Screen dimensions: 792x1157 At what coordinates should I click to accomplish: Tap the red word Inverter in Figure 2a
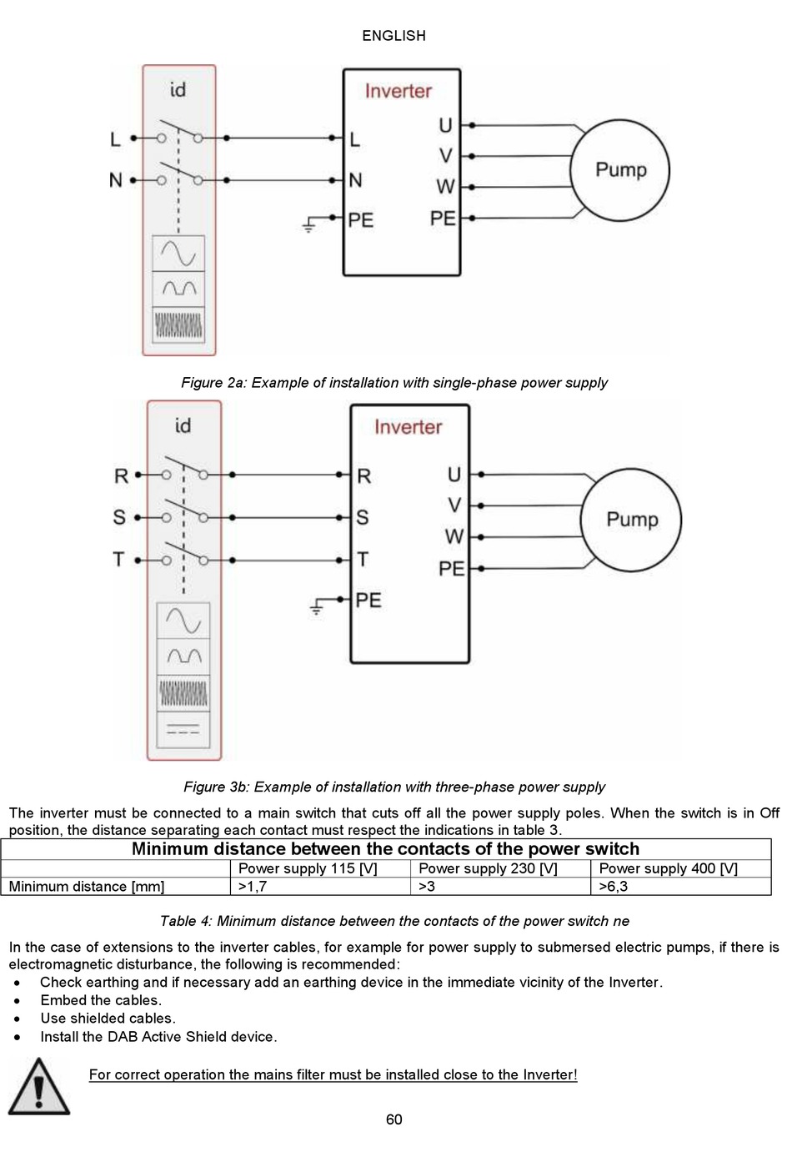(x=398, y=91)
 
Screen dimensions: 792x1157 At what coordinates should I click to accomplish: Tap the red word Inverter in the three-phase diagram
(x=408, y=426)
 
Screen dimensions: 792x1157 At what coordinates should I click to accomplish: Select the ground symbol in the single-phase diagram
(x=308, y=224)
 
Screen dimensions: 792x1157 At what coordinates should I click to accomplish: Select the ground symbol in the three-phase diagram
(x=316, y=607)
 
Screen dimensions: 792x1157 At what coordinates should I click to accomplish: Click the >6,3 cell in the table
(x=613, y=887)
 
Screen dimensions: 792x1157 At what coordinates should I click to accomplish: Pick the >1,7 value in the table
(x=252, y=887)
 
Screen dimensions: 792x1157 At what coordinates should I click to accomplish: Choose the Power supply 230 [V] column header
(x=488, y=868)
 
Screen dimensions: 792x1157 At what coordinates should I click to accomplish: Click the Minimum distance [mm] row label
(x=86, y=887)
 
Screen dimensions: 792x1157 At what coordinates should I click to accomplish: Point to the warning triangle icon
(x=38, y=1087)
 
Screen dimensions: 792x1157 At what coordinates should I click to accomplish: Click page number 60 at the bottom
(x=394, y=1119)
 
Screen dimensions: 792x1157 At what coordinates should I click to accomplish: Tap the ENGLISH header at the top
(x=394, y=36)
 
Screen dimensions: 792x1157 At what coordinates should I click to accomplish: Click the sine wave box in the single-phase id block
(x=178, y=253)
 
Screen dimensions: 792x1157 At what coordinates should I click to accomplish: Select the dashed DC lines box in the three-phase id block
(x=183, y=730)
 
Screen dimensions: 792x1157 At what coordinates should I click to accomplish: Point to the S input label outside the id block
(x=119, y=517)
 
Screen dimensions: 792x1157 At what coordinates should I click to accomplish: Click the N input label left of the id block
(x=116, y=180)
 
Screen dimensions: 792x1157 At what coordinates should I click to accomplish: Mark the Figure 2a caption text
(x=394, y=383)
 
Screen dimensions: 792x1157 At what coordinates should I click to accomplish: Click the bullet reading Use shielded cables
(x=108, y=1018)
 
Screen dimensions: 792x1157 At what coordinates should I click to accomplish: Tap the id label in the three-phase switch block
(x=183, y=425)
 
